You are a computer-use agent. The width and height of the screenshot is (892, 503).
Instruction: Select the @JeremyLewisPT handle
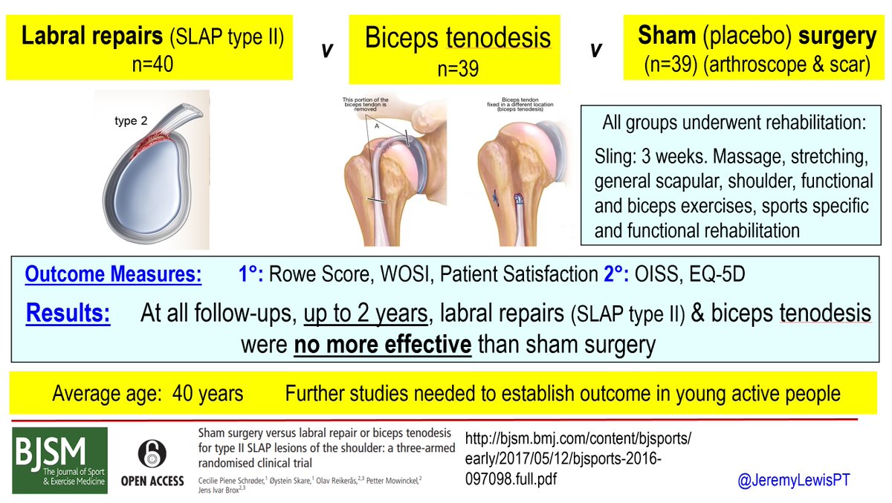793,480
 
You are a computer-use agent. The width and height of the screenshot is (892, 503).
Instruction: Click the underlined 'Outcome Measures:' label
113,275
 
